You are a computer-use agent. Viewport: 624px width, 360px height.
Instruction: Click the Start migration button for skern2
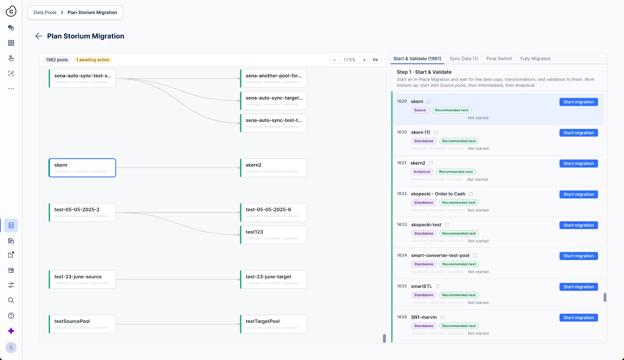pos(578,164)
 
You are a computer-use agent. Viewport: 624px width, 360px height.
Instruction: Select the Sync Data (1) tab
pos(464,59)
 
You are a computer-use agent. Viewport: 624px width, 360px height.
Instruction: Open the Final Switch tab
pos(499,59)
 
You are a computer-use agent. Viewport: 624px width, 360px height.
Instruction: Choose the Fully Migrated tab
pos(535,59)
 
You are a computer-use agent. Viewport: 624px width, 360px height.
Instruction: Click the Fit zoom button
pos(375,60)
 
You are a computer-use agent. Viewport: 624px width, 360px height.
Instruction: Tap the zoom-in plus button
pos(364,60)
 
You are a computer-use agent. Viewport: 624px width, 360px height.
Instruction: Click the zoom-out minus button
pos(334,60)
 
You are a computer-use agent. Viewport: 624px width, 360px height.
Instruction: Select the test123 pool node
pos(274,235)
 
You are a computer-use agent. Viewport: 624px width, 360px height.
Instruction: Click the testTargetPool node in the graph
pos(274,324)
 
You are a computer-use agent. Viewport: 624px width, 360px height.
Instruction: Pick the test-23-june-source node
pos(82,280)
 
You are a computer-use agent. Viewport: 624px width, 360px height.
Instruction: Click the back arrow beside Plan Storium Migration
pos(39,36)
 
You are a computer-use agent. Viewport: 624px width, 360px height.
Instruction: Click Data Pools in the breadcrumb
pos(45,12)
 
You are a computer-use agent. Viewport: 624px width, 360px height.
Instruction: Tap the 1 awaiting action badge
pos(93,60)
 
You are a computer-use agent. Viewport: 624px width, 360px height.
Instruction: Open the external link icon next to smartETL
pos(438,286)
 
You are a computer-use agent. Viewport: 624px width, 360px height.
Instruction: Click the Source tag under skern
pos(420,110)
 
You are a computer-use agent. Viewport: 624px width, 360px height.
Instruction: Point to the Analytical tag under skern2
pos(422,172)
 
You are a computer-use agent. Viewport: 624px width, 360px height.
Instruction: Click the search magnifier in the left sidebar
pos(11,300)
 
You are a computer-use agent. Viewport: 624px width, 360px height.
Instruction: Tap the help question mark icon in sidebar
pos(11,315)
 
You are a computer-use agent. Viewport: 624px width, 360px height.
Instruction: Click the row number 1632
pos(402,194)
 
